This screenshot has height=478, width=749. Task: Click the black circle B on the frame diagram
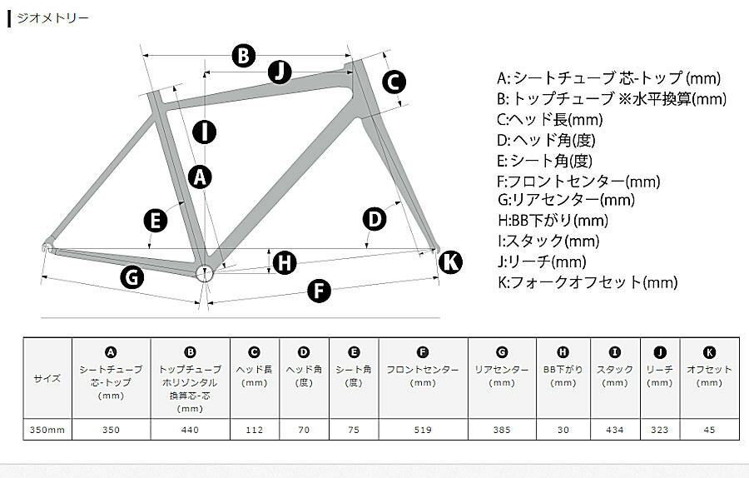[x=244, y=56]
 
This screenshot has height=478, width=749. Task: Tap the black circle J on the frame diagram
[x=280, y=72]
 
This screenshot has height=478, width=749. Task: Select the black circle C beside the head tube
[x=394, y=82]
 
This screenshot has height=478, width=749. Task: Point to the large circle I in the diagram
[x=205, y=132]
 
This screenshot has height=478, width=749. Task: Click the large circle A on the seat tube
[x=200, y=177]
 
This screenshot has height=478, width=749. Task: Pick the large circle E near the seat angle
[x=156, y=222]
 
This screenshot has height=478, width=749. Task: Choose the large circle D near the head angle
[x=374, y=219]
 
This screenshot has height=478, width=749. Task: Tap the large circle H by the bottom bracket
[x=285, y=262]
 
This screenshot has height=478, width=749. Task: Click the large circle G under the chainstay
[x=131, y=277]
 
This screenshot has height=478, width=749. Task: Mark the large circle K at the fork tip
[x=450, y=262]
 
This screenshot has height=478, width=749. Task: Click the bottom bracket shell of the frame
[x=205, y=272]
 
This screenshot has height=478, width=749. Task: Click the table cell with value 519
[x=424, y=429]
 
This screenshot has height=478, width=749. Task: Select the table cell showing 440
[x=190, y=429]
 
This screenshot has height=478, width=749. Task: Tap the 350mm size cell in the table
[x=47, y=429]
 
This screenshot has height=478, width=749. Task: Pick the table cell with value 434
[x=615, y=429]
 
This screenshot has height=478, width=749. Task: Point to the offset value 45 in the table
[x=709, y=429]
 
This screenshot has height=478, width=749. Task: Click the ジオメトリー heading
[x=52, y=18]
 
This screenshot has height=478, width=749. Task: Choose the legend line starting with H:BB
[x=553, y=221]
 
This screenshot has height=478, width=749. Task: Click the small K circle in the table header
[x=709, y=353]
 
